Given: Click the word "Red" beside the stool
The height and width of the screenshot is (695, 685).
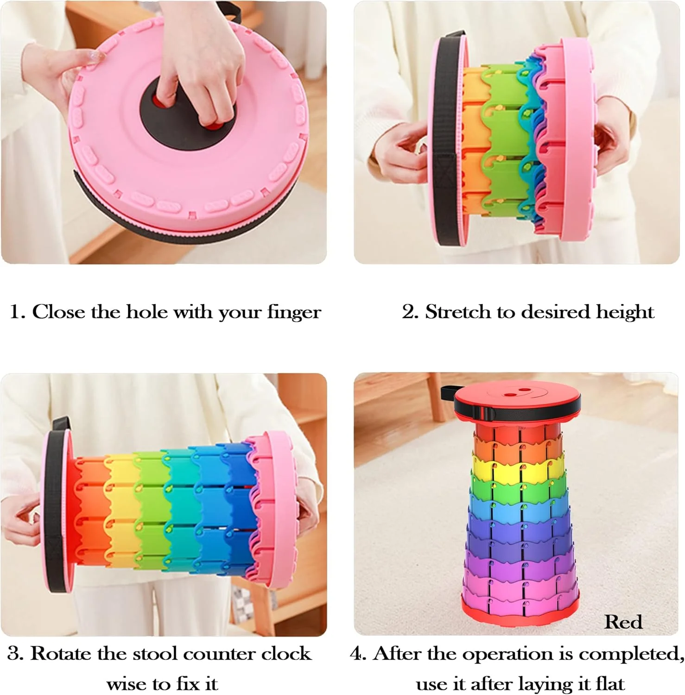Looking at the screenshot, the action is pyautogui.click(x=623, y=622).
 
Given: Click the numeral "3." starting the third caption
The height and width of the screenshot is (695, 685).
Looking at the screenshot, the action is pyautogui.click(x=15, y=654).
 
